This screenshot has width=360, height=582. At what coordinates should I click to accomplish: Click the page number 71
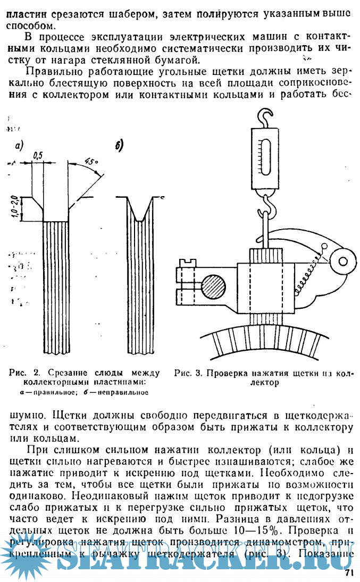(349, 572)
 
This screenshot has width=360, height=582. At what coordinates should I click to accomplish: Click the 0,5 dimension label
(38, 156)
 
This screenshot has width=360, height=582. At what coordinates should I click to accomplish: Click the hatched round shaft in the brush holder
(212, 288)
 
